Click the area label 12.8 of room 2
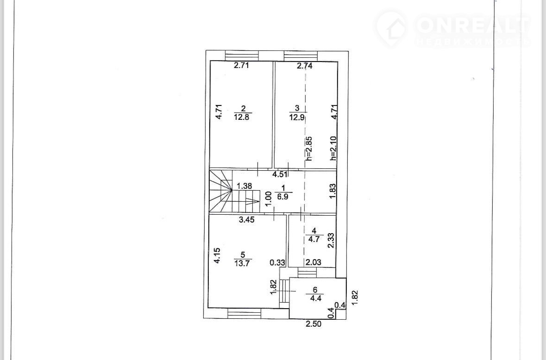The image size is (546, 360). (242, 117)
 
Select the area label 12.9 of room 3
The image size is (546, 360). (297, 117)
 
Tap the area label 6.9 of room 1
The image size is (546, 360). (283, 197)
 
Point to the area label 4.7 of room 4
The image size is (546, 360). (314, 239)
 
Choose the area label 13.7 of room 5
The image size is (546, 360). (242, 263)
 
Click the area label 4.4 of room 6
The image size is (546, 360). (315, 298)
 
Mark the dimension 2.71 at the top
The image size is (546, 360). (241, 65)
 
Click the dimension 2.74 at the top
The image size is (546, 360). (304, 66)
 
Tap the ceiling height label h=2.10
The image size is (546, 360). (333, 148)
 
